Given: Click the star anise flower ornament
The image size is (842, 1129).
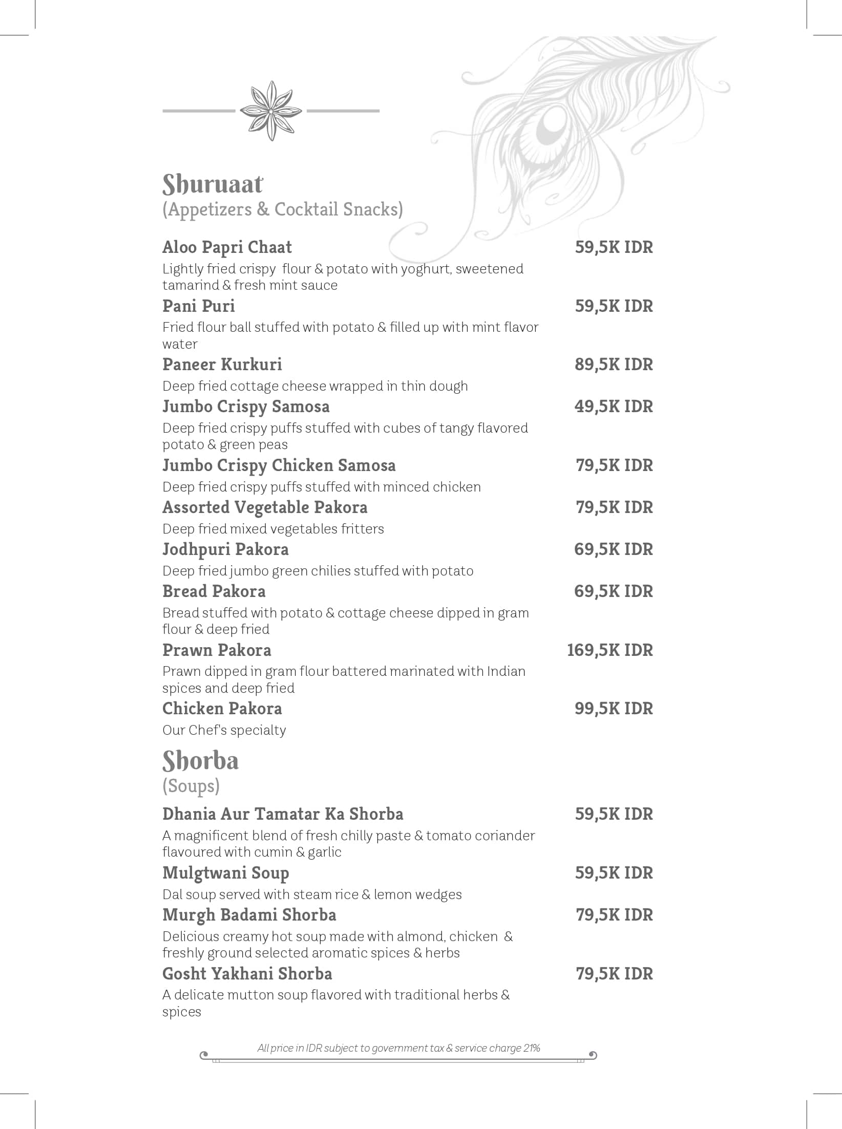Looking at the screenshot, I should [271, 111].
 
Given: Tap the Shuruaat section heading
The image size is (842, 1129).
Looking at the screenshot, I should [213, 184].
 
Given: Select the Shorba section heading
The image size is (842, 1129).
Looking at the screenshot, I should [200, 761].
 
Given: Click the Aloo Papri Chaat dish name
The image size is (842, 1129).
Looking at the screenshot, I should [227, 247].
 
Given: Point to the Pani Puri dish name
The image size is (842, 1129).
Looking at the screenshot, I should [199, 306].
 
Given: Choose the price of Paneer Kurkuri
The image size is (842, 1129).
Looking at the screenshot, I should [614, 365].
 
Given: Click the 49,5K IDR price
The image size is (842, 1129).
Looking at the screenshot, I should [614, 407].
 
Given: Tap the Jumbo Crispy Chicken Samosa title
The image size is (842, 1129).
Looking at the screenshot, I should [279, 465].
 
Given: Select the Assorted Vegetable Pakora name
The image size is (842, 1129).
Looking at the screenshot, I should [265, 507].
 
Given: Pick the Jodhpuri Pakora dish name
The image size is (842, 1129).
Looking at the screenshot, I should [225, 549].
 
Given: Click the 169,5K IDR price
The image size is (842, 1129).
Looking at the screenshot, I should [609, 650].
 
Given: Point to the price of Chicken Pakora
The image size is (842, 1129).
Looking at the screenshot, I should [614, 709].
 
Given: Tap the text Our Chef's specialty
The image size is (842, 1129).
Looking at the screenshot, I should [224, 730].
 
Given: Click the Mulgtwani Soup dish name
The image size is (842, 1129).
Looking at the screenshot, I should [225, 873].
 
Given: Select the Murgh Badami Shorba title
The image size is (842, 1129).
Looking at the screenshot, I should [249, 915].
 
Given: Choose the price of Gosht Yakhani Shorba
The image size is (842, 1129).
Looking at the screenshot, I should [614, 974].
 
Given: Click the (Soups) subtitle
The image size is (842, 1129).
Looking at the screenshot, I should [191, 786].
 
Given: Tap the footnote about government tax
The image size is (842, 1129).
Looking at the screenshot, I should [398, 1048].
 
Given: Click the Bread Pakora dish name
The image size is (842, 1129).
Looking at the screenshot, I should [214, 591].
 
